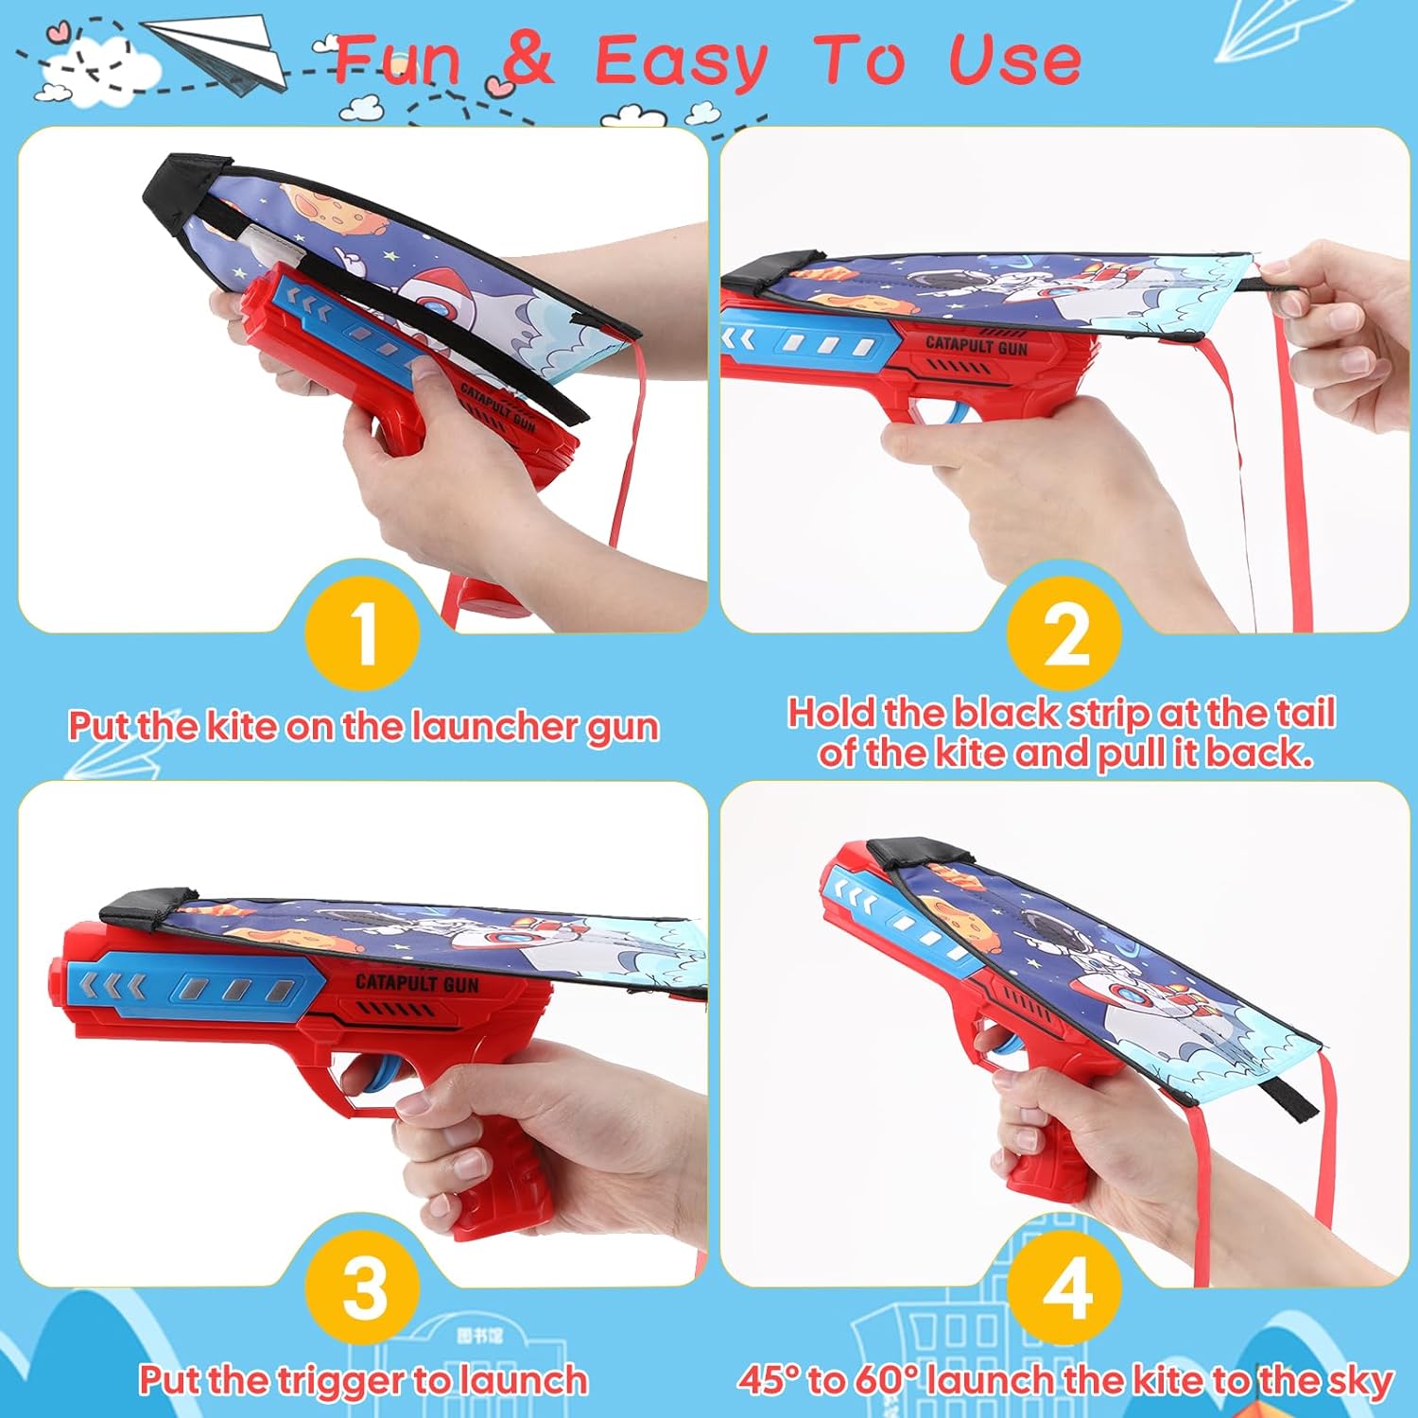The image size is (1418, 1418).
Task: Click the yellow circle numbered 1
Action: (x=363, y=632)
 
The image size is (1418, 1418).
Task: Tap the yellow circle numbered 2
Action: (x=1065, y=632)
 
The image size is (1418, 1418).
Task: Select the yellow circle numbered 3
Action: (x=363, y=1288)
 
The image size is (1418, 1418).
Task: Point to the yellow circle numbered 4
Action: (x=1065, y=1288)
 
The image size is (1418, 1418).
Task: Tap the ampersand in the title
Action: (x=527, y=60)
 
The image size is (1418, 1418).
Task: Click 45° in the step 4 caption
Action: (x=770, y=1380)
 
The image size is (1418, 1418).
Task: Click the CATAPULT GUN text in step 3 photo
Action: (x=417, y=983)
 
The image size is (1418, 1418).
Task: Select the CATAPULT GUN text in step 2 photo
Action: (x=976, y=345)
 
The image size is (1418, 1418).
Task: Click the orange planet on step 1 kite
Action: (x=331, y=213)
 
